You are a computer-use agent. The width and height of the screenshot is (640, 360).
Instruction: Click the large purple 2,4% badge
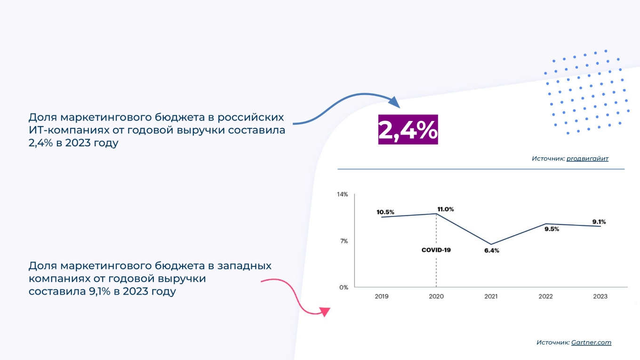point(408,129)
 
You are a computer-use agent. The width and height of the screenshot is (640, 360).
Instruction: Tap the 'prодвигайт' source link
point(587,159)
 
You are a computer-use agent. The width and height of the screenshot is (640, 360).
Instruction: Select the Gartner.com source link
point(591,343)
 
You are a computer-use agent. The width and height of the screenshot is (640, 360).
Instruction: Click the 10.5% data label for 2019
point(385,212)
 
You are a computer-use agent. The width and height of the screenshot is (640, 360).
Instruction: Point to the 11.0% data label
point(445,209)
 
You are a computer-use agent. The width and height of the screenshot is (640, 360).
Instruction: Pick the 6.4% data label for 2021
point(491,251)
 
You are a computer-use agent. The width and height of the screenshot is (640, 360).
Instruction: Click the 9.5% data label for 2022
point(552,229)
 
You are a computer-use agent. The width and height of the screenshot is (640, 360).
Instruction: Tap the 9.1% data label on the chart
point(599,222)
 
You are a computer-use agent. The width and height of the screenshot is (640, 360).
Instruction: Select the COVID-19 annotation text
point(436,250)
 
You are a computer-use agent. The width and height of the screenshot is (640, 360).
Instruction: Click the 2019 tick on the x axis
point(382,296)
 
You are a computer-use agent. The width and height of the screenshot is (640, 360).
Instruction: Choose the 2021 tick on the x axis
point(491,296)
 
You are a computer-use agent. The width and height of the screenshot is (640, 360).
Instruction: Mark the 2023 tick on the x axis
point(600,296)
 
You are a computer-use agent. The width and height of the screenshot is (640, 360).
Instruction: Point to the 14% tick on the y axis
point(342,194)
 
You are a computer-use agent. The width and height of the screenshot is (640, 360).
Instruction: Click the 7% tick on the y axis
point(344,241)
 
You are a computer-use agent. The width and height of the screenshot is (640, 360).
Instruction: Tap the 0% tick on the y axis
point(344,287)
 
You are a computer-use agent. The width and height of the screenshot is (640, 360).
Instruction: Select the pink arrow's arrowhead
point(325,312)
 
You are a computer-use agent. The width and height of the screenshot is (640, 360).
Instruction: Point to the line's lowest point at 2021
point(491,244)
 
